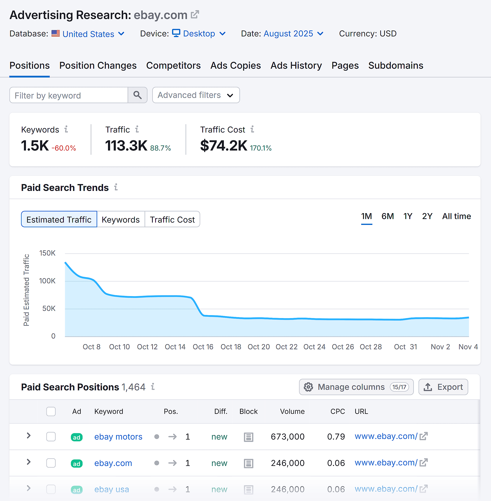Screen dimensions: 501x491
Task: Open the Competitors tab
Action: coord(173,66)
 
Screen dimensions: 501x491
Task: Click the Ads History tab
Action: coord(296,66)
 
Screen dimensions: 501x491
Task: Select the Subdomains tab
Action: coord(396,66)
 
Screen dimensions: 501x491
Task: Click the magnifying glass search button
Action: coord(137,95)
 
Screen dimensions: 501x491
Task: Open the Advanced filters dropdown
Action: coord(196,95)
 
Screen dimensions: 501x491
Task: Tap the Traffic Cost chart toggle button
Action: coord(172,219)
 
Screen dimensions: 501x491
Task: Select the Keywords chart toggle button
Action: coord(120,219)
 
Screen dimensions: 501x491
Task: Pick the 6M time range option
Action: coord(387,216)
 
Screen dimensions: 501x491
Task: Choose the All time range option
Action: coord(456,216)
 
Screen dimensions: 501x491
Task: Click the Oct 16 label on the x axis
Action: coord(203,347)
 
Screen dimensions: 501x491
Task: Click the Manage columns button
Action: coord(356,387)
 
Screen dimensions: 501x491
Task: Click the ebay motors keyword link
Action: coord(118,437)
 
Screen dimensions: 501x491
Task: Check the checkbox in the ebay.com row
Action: coord(51,463)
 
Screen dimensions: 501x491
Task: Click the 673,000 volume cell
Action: coord(288,437)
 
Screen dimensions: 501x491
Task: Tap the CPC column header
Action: coord(337,411)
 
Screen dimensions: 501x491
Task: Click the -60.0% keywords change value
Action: coord(64,148)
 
